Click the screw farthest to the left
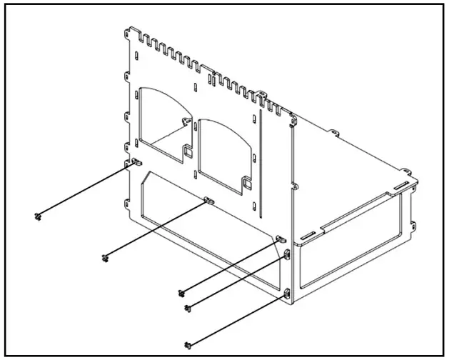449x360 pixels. click(38, 215)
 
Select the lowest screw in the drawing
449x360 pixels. click(188, 346)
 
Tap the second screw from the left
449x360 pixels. click(106, 258)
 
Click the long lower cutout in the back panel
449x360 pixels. click(207, 221)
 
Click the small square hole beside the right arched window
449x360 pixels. click(247, 184)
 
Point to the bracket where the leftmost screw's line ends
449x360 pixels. click(133, 164)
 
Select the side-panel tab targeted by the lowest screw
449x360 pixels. click(287, 293)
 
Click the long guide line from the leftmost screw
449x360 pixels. click(86, 189)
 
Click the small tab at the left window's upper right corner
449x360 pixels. click(187, 121)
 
